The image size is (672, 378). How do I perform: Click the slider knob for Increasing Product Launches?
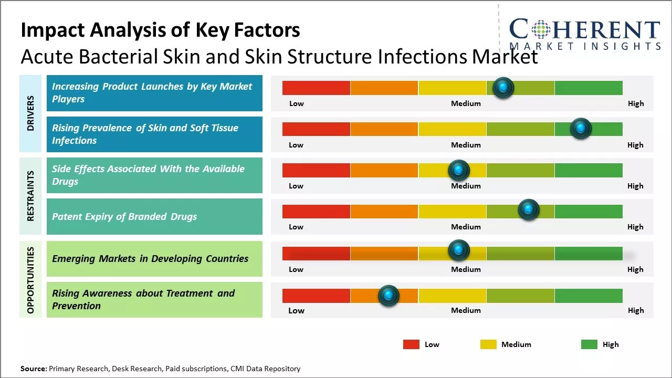(x=503, y=88)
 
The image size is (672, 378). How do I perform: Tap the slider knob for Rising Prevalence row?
(x=581, y=129)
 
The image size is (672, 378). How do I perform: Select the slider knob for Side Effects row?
(x=459, y=170)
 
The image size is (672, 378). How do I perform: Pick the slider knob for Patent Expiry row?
(x=529, y=210)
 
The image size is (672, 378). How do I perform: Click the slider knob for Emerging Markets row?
(x=459, y=250)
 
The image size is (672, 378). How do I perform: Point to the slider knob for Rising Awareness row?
(x=388, y=296)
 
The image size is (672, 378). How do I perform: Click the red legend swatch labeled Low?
(x=411, y=344)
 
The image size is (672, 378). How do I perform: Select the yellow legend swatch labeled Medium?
(x=488, y=344)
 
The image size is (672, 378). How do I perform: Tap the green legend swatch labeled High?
(x=589, y=344)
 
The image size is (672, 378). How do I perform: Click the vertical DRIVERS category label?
(x=30, y=113)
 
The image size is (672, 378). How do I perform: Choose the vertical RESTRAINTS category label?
(x=30, y=196)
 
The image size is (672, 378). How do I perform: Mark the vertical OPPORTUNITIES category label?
(x=30, y=280)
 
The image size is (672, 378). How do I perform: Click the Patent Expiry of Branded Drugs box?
(x=154, y=216)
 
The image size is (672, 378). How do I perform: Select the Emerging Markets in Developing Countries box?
(x=154, y=258)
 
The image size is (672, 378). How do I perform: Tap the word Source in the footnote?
(x=34, y=369)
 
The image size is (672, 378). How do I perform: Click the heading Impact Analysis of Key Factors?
(x=160, y=30)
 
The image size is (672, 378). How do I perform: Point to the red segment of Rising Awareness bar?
(x=316, y=296)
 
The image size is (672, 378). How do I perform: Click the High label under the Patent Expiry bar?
(x=635, y=227)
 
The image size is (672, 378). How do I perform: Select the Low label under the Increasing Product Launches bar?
(x=297, y=103)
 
